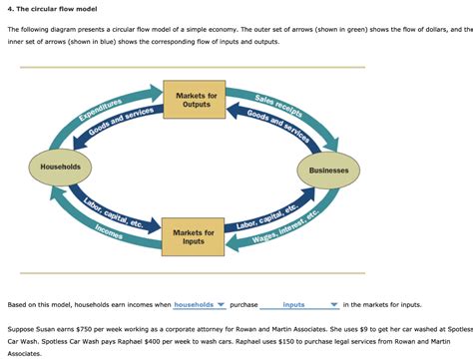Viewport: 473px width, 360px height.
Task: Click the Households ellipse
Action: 60,164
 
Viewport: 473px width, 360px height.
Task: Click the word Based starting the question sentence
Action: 17,304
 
